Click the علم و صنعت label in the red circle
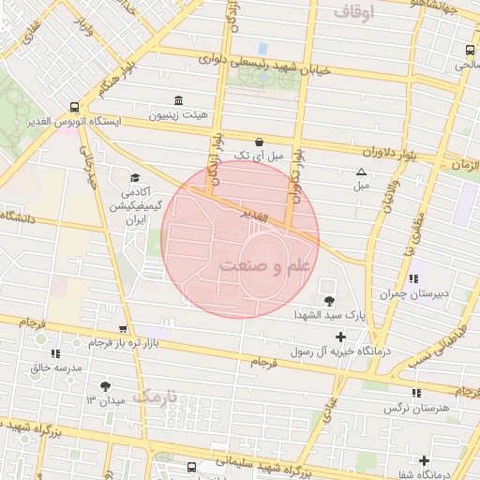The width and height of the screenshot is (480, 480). [x=265, y=266]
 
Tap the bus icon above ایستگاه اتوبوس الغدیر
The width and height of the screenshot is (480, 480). [x=74, y=106]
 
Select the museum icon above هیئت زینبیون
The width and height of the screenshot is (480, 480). [x=178, y=100]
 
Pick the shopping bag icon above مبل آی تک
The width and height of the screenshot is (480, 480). [x=259, y=141]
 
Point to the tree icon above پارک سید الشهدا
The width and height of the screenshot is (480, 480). [x=329, y=300]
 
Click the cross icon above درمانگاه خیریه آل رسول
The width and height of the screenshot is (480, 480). [x=340, y=337]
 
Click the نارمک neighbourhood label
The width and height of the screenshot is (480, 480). [x=154, y=397]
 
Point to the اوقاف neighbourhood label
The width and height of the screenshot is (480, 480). [x=352, y=12]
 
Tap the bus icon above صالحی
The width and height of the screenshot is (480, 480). [x=469, y=51]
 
